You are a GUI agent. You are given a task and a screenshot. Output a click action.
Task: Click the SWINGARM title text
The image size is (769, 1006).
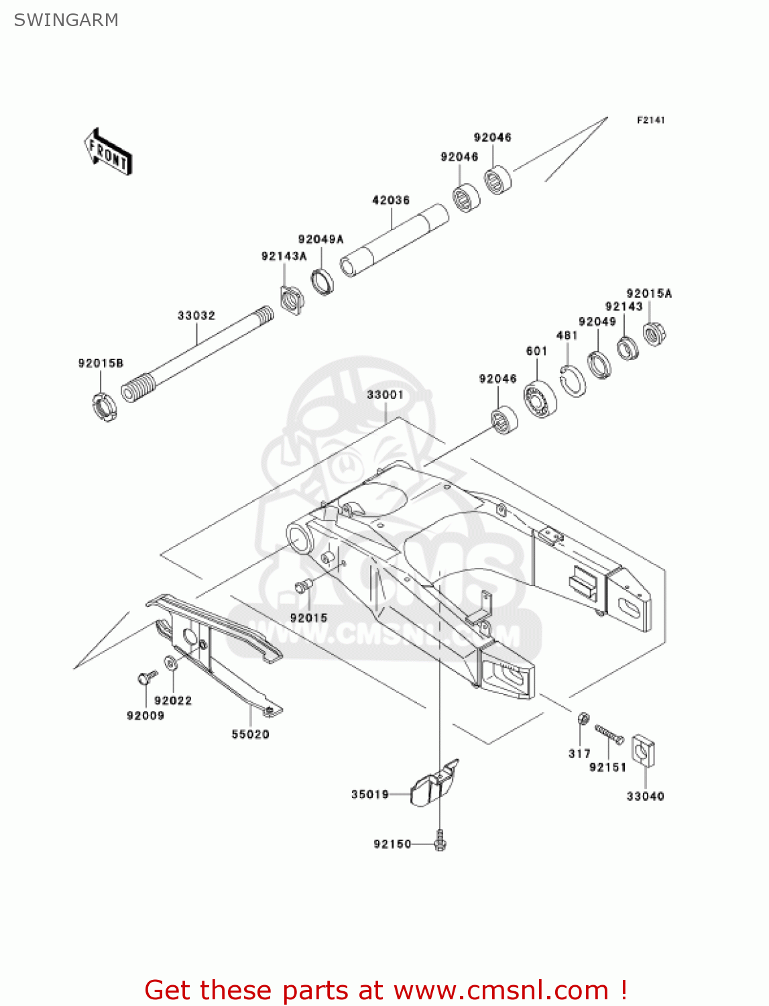click(66, 20)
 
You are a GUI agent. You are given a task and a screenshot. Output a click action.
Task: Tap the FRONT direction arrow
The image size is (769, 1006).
click(108, 152)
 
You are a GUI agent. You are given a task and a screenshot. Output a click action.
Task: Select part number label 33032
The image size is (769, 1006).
click(196, 315)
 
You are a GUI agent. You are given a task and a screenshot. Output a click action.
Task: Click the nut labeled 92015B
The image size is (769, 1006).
click(103, 407)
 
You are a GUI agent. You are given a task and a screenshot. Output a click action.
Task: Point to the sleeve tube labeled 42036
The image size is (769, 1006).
click(394, 240)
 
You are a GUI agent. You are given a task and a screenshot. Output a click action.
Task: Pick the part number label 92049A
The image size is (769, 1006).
click(320, 239)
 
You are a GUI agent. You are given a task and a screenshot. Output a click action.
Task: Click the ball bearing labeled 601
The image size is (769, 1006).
click(540, 399)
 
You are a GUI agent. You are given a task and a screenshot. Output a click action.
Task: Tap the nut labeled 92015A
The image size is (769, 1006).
click(654, 333)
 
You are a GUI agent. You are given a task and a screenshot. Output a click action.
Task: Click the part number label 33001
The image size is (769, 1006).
click(385, 395)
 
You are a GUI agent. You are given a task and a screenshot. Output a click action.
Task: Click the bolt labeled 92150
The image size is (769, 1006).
click(440, 840)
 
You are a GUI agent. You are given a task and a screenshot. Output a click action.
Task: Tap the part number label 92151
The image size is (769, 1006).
click(607, 767)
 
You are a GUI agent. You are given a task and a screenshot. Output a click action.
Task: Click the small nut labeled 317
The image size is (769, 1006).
click(583, 719)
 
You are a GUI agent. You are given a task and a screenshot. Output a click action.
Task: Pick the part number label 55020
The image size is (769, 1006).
click(250, 734)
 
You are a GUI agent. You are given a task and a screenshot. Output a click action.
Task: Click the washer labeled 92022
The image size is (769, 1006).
click(170, 663)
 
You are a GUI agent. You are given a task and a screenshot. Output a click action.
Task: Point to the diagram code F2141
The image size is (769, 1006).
click(650, 120)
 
